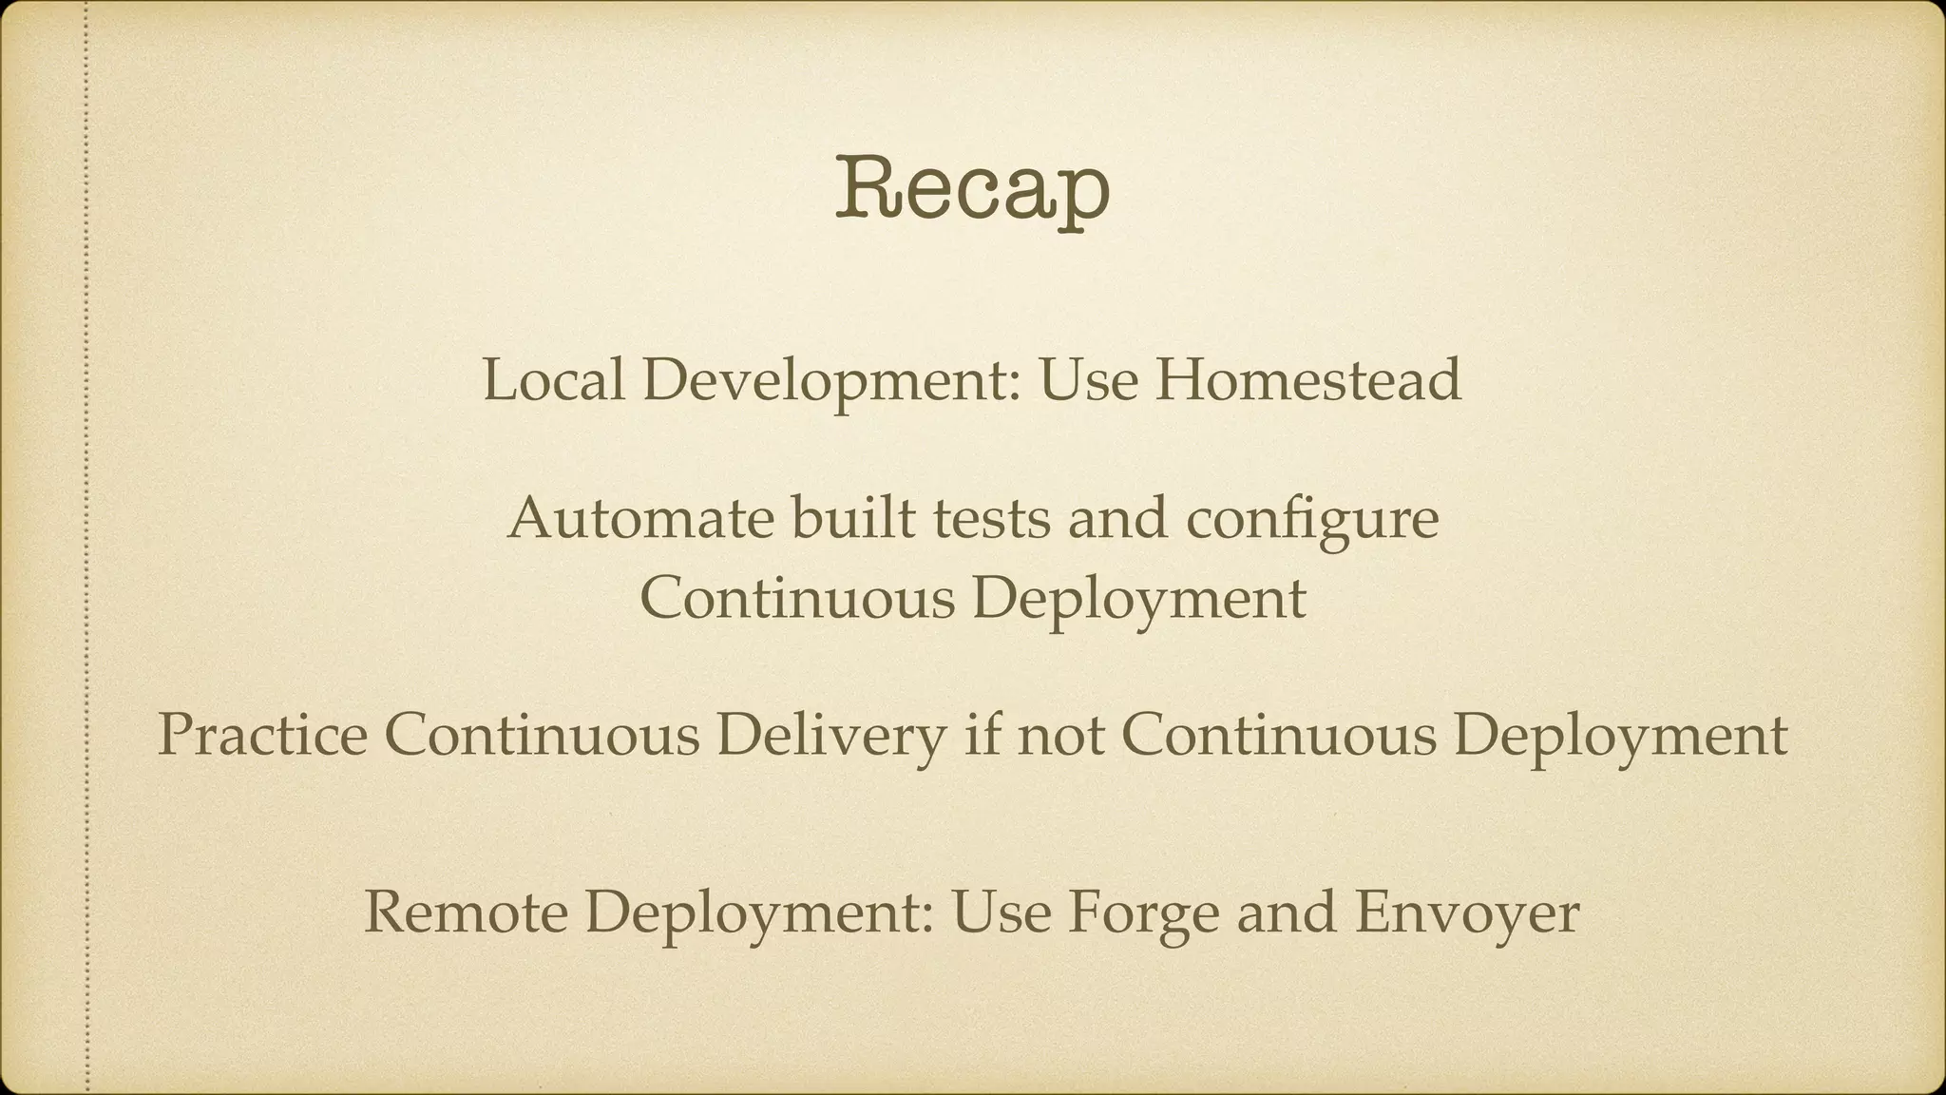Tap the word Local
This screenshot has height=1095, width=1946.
[x=553, y=380]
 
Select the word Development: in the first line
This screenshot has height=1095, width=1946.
[x=831, y=382]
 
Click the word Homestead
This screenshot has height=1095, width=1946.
[x=1307, y=380]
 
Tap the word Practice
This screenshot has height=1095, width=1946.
[x=262, y=736]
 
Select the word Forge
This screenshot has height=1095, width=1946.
[x=1143, y=912]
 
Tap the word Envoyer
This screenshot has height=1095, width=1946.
[x=1467, y=912]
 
